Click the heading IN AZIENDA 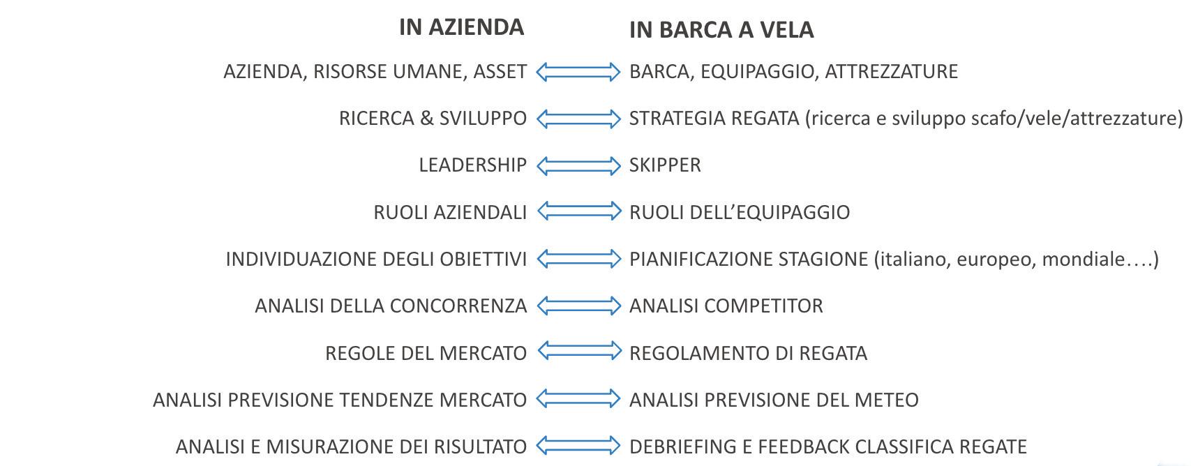point(461,27)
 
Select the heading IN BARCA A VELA point(721,30)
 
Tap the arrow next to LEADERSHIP point(578,165)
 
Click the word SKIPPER point(665,165)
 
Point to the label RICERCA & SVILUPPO point(433,119)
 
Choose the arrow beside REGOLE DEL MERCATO point(578,352)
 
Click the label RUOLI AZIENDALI point(450,212)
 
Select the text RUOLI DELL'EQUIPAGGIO point(740,212)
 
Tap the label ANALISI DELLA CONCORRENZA point(391,306)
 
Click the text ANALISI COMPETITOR point(726,306)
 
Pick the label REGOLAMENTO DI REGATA point(748,353)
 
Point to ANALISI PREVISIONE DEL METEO point(774,400)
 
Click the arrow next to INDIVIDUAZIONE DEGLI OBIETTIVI point(578,259)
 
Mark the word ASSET point(500,72)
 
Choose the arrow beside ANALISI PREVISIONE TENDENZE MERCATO point(578,399)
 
